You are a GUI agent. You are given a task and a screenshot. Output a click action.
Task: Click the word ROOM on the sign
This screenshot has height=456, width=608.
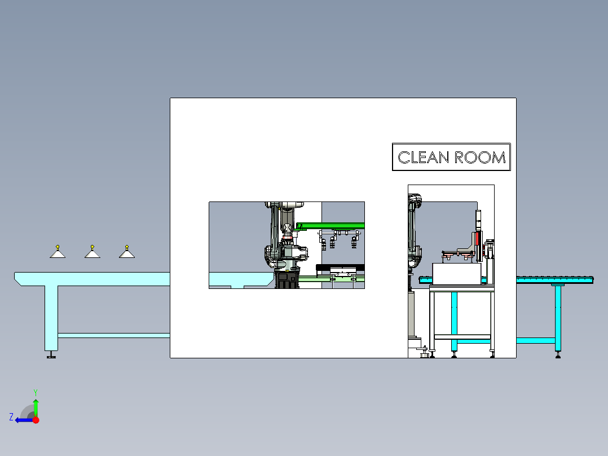tap(480, 157)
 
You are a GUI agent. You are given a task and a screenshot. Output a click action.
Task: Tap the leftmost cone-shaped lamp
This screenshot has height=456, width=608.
tap(58, 253)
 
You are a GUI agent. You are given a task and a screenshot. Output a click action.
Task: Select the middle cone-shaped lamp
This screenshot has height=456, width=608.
tap(92, 253)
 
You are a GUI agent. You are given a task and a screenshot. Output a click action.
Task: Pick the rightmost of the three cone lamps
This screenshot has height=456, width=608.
tap(127, 253)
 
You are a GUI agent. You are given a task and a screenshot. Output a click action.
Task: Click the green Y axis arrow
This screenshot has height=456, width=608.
tap(36, 406)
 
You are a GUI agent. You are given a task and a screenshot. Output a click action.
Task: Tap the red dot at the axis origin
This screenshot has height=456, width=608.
tap(36, 420)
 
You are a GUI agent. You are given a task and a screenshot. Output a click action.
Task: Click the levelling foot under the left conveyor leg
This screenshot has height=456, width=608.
tap(51, 355)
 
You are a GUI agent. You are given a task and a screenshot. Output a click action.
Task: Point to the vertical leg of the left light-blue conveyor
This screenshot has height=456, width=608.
tap(51, 316)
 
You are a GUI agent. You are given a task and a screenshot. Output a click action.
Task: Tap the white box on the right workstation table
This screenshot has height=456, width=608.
tap(456, 273)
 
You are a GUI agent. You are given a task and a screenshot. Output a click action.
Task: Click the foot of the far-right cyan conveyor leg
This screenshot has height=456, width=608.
tap(558, 354)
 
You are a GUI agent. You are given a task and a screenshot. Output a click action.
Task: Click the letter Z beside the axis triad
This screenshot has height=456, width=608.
tap(11, 417)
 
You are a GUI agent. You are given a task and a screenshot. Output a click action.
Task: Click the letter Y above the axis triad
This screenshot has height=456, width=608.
tap(35, 392)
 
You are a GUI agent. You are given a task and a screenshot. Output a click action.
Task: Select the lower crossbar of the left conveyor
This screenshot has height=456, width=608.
tap(113, 335)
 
